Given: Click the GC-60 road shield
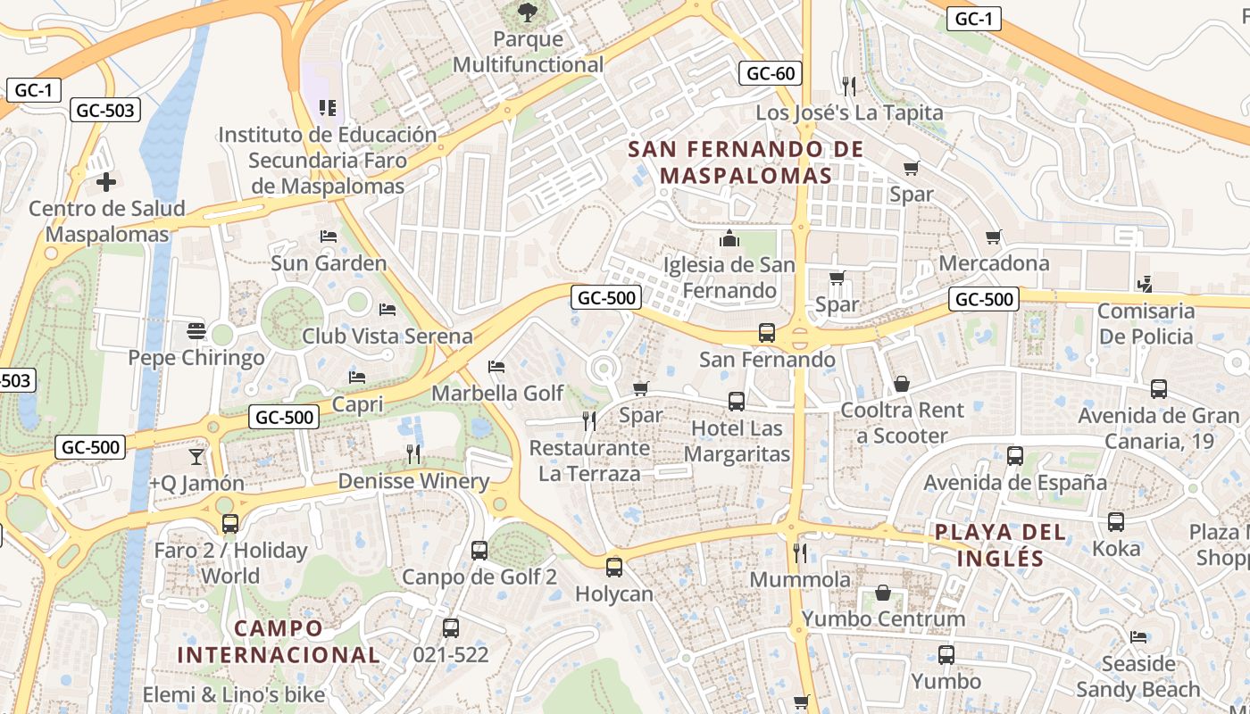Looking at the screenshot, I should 770,73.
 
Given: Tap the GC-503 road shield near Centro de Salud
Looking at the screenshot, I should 105,110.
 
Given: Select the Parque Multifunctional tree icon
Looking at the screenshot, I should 528,12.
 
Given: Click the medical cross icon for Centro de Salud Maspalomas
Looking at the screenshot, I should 106,183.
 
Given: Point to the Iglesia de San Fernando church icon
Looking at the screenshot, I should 729,239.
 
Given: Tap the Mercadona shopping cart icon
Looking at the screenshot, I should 993,237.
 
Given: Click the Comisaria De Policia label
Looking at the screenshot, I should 1146,323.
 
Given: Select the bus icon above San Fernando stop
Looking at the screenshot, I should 766,333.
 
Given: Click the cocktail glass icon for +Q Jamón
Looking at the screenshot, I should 196,457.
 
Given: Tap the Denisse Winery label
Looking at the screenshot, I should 413,482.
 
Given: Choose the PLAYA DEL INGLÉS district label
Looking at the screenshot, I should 1000,545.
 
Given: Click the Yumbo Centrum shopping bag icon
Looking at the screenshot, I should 883,593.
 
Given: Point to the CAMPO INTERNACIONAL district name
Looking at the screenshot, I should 279,641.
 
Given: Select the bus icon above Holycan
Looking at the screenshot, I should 613,567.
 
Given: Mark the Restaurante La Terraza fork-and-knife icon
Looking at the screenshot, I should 588,420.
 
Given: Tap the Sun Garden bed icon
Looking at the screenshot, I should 329,237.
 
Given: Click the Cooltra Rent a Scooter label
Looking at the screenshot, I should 902,423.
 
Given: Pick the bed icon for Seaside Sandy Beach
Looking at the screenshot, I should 1138,637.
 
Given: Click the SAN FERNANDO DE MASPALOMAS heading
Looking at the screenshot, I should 746,162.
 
